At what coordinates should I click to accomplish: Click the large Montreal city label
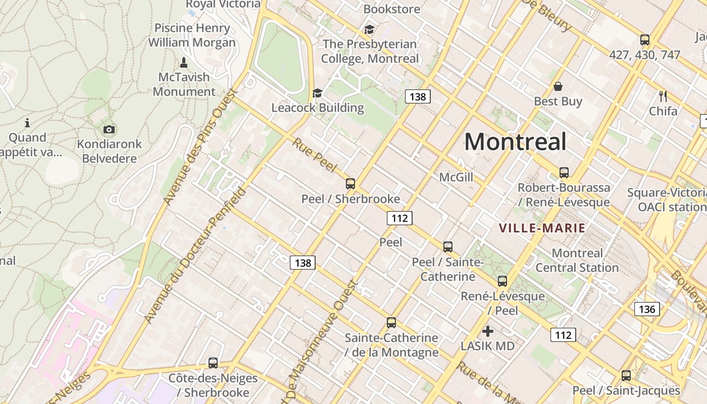point(515,142)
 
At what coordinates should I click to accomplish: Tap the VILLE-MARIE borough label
point(542,228)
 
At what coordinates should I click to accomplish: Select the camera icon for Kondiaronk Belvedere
point(109,130)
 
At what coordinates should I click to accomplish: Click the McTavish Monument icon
point(184,63)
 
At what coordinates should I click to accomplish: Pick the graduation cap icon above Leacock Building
point(317,93)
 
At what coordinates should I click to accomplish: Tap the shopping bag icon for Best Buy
point(558,86)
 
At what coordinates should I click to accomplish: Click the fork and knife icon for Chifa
point(663,96)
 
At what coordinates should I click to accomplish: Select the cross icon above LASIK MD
point(488,331)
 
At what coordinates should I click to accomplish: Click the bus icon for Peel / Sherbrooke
point(350,184)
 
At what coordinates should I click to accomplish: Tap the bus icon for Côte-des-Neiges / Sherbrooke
point(213,363)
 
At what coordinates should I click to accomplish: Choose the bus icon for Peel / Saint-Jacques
point(626,376)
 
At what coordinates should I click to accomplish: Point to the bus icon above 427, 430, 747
point(645,40)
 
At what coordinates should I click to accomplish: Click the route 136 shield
point(647,309)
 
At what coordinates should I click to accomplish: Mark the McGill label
point(456,177)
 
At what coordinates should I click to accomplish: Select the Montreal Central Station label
point(577,260)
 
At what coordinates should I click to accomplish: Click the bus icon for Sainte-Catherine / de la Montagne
point(391,323)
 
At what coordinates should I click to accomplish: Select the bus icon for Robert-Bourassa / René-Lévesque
point(564,173)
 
